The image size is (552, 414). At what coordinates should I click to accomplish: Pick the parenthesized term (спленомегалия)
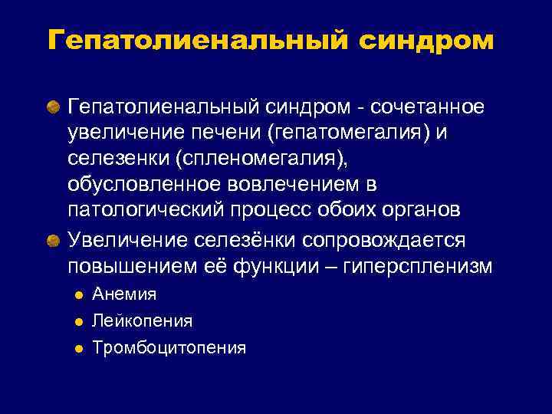click(237, 160)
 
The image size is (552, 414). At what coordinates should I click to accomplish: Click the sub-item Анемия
click(124, 294)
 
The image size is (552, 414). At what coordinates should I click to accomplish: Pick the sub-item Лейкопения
click(142, 320)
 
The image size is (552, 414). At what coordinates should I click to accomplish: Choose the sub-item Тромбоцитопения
click(169, 348)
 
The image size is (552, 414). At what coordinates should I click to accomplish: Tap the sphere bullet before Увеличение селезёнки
click(52, 240)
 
